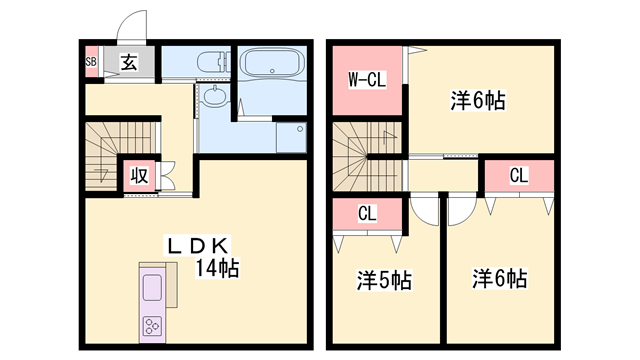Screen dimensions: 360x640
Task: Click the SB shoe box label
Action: pos(91,62)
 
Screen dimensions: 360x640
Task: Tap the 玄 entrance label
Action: pos(129,62)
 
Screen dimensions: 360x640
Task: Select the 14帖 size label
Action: pos(216,268)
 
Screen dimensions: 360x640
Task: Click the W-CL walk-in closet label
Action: pos(367,79)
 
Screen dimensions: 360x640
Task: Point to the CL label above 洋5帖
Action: pos(368,212)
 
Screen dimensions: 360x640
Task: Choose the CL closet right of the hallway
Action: pos(518,176)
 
